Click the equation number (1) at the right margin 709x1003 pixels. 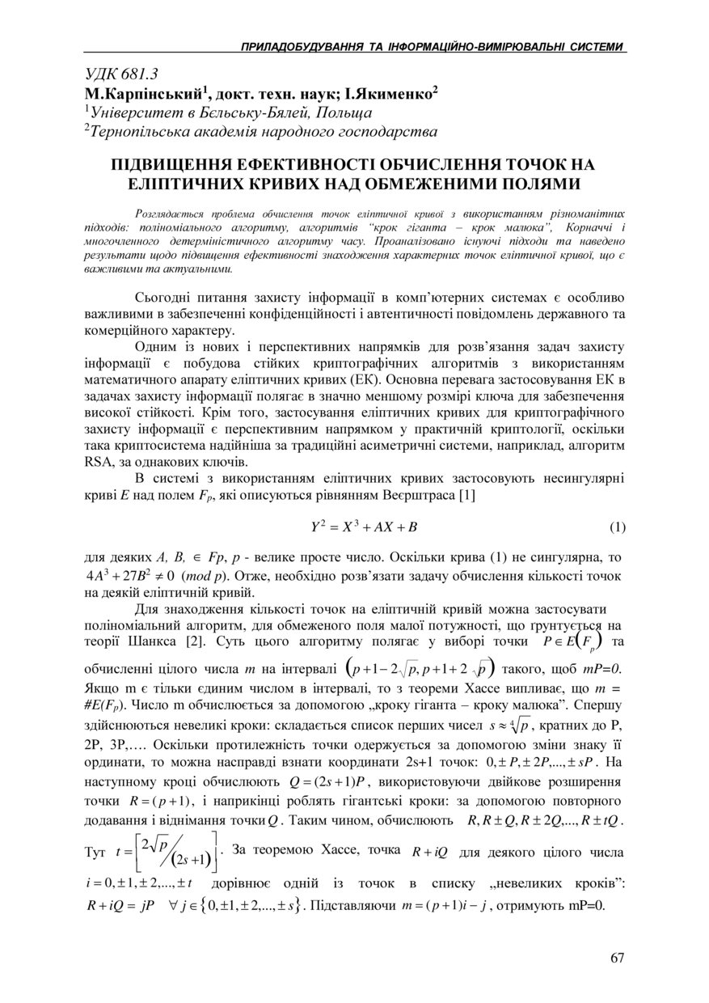[x=617, y=528]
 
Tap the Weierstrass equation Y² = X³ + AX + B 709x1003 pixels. [x=364, y=528]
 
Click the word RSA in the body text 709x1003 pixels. [x=99, y=463]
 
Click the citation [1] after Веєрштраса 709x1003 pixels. [x=466, y=495]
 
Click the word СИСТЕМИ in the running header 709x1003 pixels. [x=595, y=48]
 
